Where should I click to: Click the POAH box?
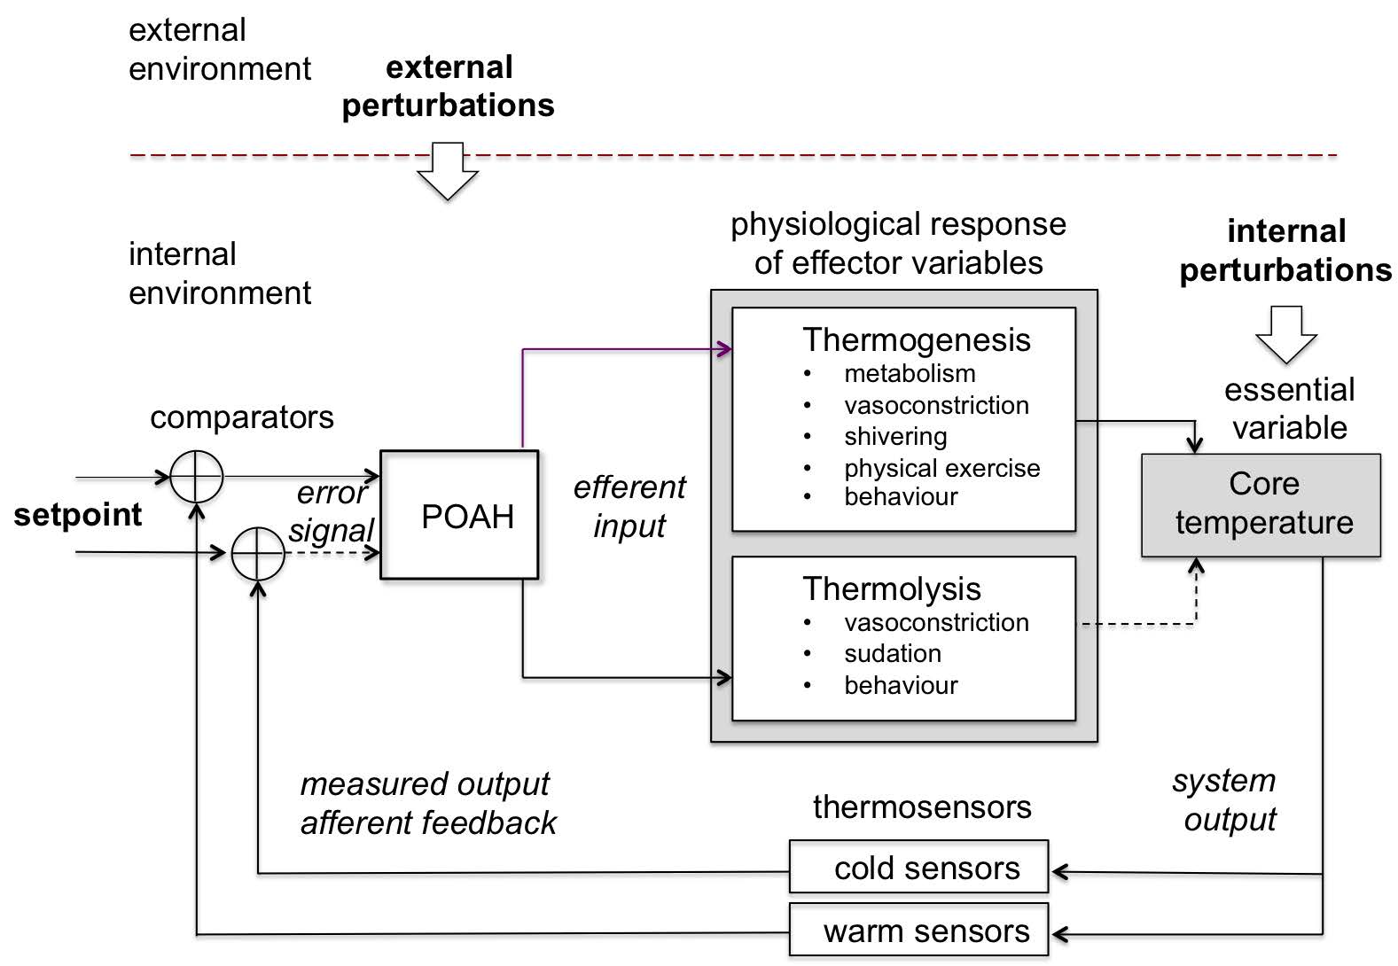(459, 515)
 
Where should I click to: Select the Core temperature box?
(1261, 504)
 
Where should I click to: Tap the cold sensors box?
(918, 867)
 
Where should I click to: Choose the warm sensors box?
(918, 931)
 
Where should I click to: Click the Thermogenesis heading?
(916, 340)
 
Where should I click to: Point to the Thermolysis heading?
(891, 589)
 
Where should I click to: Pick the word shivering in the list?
(895, 437)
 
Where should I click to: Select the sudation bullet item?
(892, 654)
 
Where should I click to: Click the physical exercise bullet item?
(941, 468)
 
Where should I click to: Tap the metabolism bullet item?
(910, 374)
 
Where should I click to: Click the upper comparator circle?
(196, 477)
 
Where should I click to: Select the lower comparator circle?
(257, 554)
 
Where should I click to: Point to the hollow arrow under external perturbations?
(448, 170)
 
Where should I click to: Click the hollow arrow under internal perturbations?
(1286, 334)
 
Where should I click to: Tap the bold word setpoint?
(78, 515)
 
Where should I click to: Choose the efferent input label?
(629, 506)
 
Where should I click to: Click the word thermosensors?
(922, 807)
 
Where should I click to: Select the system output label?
(1226, 799)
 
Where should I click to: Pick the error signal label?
(332, 511)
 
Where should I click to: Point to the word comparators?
(242, 417)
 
